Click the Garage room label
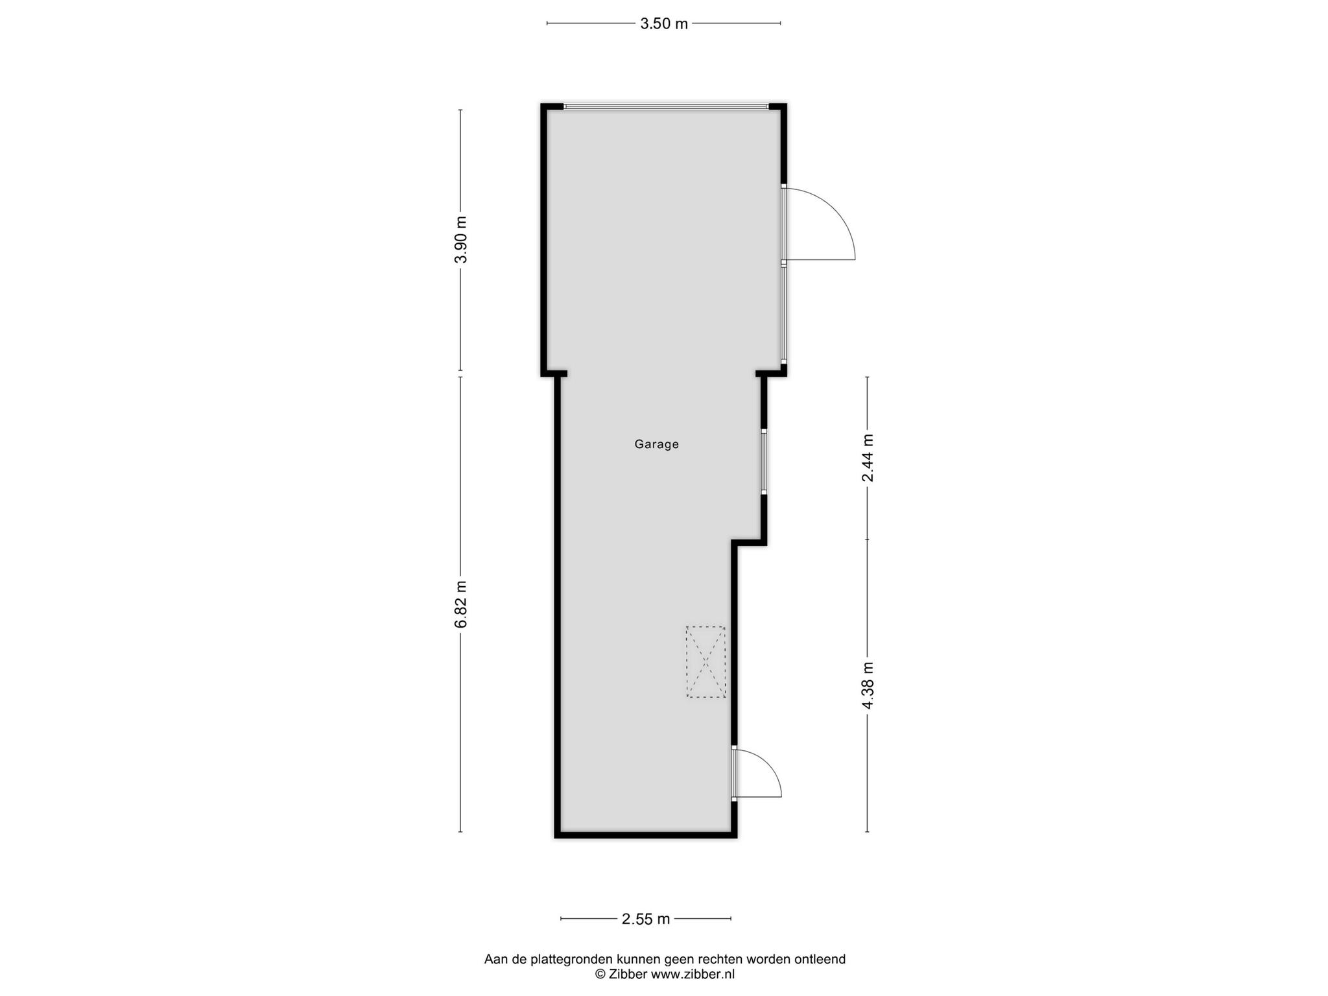coord(656,445)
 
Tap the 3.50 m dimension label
coord(664,24)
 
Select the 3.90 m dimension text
coord(460,239)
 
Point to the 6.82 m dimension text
coord(460,604)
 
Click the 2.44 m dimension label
coord(868,458)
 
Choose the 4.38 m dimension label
coord(868,685)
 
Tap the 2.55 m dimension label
coord(646,919)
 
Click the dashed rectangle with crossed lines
coord(705,662)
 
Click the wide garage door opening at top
coord(666,107)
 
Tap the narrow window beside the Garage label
coord(764,462)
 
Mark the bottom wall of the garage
coord(646,835)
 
